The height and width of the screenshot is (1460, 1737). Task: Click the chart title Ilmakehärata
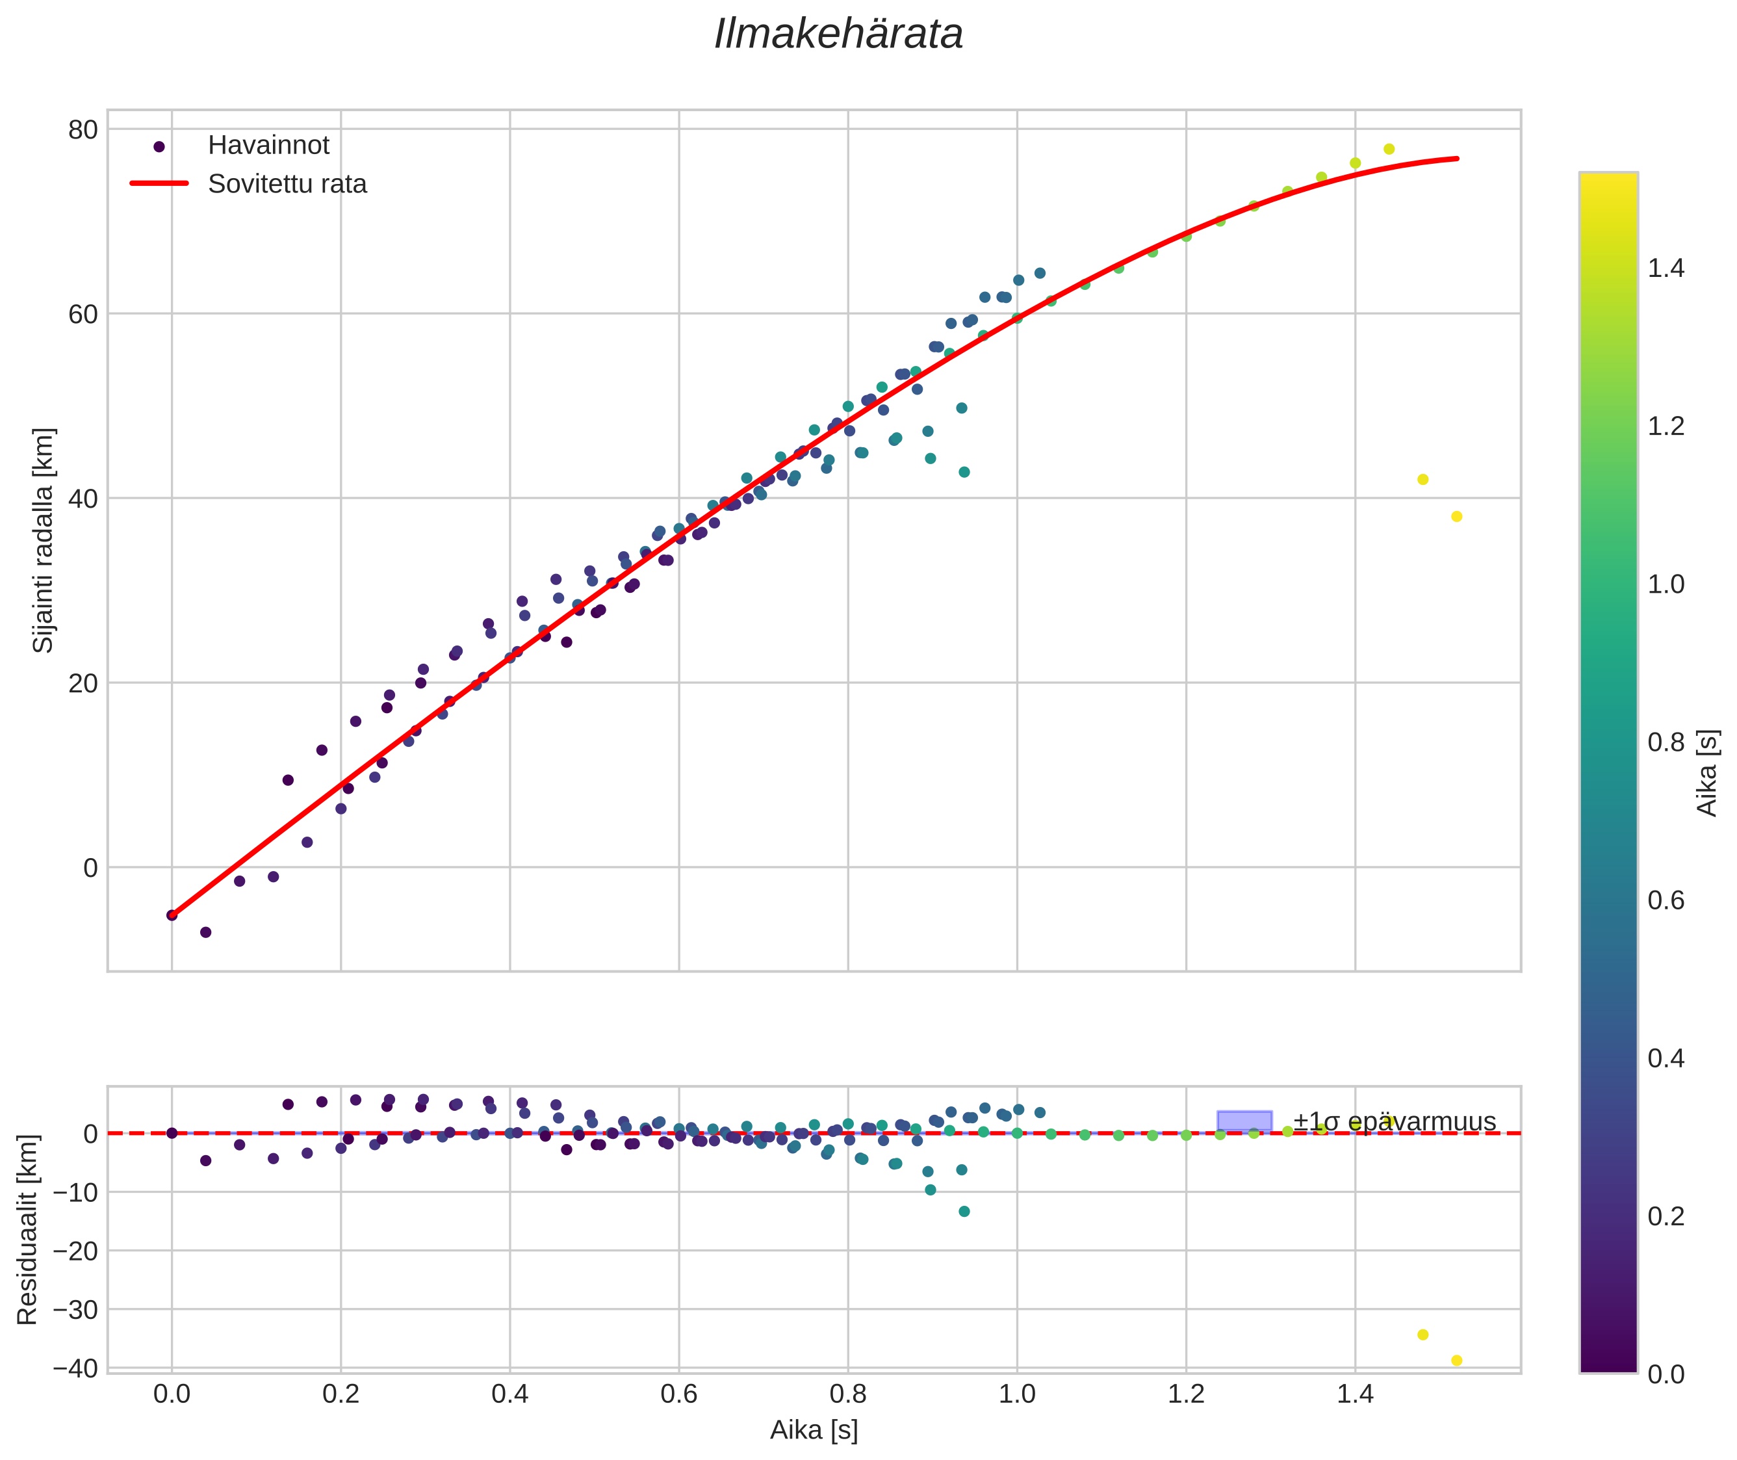click(x=838, y=34)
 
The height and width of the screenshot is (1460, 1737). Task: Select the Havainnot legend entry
click(x=268, y=146)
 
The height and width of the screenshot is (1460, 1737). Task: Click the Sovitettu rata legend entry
click(x=287, y=184)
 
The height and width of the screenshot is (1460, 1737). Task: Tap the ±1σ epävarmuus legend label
click(x=1395, y=1121)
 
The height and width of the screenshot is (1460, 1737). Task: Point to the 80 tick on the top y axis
click(x=83, y=130)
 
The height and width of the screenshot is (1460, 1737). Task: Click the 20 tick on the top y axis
click(x=83, y=684)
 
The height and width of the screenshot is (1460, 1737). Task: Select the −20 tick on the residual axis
click(x=75, y=1251)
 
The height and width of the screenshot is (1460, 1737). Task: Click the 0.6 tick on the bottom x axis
click(x=678, y=1394)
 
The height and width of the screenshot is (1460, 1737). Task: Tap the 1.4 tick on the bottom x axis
click(x=1355, y=1394)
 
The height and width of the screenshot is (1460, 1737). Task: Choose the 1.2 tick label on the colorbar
click(x=1665, y=426)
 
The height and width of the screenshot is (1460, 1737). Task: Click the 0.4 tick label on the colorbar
click(x=1665, y=1058)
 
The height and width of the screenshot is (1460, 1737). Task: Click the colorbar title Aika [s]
click(x=1707, y=773)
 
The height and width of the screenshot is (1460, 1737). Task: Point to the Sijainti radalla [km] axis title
click(x=43, y=540)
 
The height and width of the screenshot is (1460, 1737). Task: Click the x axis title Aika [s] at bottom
click(x=814, y=1430)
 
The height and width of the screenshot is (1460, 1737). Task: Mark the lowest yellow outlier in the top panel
click(x=1456, y=517)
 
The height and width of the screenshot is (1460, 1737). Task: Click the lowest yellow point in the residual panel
click(x=1456, y=1360)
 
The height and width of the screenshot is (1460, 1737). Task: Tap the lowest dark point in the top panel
click(x=206, y=933)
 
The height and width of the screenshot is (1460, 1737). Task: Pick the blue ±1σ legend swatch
click(x=1244, y=1121)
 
